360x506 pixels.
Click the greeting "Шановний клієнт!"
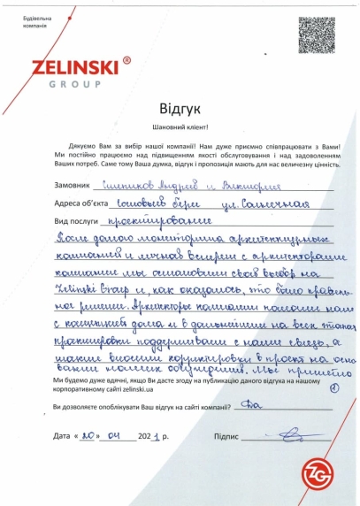[x=180, y=125]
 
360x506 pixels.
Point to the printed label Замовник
[x=72, y=187]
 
